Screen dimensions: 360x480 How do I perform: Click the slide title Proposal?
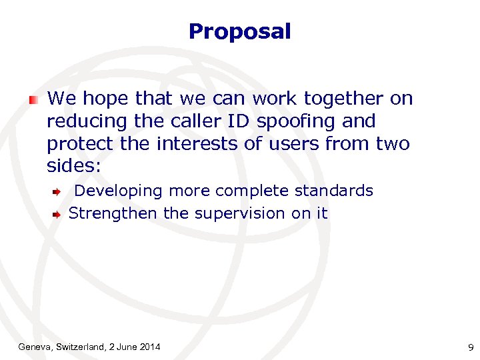point(239,31)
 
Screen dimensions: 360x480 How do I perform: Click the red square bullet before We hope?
point(33,100)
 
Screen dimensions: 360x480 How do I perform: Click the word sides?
point(73,166)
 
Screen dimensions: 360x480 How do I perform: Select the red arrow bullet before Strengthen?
point(58,215)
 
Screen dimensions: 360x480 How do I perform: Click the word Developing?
point(118,191)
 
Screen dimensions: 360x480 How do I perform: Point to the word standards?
point(334,191)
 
